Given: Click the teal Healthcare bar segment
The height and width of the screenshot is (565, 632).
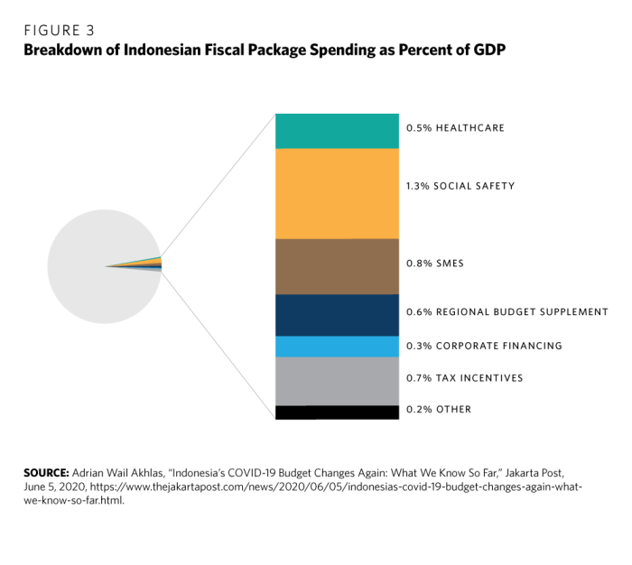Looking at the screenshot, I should pos(337,131).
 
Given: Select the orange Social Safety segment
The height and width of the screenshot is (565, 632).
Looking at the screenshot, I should pos(337,193).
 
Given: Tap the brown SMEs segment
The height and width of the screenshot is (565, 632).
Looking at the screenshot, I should pos(337,266).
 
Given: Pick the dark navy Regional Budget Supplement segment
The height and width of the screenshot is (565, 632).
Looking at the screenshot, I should pos(337,315).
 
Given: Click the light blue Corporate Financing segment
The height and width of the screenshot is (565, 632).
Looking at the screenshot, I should pos(337,347).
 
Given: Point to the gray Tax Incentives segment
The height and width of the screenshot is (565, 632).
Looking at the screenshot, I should pos(337,381).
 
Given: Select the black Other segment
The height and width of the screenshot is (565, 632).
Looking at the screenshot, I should pos(337,412).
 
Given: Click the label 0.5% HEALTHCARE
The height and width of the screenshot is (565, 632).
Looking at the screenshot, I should pos(455,128).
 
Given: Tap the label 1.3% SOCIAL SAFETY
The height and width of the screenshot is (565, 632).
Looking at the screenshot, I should pos(460,186).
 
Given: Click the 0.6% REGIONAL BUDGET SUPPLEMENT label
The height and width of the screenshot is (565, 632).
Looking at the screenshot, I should pos(507,312).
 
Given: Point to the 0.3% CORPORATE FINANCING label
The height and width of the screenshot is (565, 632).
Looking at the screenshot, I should pos(484,346).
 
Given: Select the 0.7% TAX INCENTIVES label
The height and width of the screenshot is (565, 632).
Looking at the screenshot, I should pos(464,378).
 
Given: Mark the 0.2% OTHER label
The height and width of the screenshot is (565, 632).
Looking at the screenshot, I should pos(439,410).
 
